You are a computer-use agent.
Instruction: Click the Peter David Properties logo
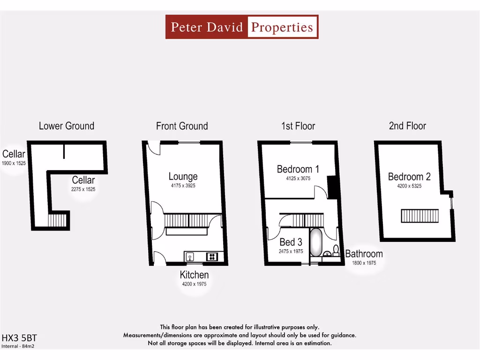[x=242, y=27]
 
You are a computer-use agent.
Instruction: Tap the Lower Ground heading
[x=67, y=126]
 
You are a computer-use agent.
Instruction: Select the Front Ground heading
[x=182, y=126]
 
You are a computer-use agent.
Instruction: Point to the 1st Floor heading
[x=298, y=126]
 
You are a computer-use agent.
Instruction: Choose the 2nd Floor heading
[x=407, y=126]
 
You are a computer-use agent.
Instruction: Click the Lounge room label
[x=183, y=176]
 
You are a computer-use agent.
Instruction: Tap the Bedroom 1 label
[x=298, y=169]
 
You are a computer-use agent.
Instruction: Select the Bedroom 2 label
[x=409, y=177]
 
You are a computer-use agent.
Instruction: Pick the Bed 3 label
[x=291, y=242]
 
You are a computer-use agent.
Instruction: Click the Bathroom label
[x=364, y=254]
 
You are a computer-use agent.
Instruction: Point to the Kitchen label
[x=194, y=275]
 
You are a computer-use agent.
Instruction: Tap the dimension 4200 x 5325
[x=409, y=186]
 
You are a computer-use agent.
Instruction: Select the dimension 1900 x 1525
[x=14, y=163]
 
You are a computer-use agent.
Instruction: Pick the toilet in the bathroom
[x=336, y=249]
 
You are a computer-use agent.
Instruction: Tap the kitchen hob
[x=212, y=256]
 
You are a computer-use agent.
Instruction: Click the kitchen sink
[x=190, y=256]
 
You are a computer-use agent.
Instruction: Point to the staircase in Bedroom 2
[x=420, y=216]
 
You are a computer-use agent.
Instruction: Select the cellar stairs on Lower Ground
[x=58, y=220]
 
